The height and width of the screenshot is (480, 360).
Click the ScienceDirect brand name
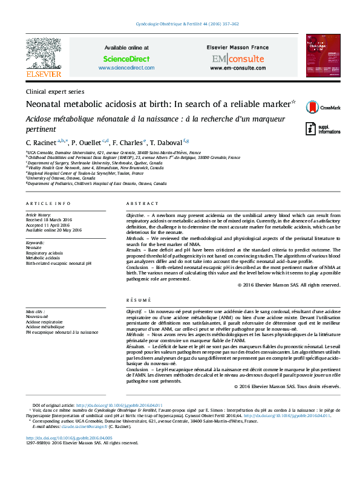(x=126, y=59)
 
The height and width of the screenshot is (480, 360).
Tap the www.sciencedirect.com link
(x=126, y=68)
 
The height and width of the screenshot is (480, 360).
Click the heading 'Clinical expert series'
(x=54, y=91)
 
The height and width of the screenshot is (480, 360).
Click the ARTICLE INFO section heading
(x=48, y=204)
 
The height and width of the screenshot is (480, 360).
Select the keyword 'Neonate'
(x=34, y=248)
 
